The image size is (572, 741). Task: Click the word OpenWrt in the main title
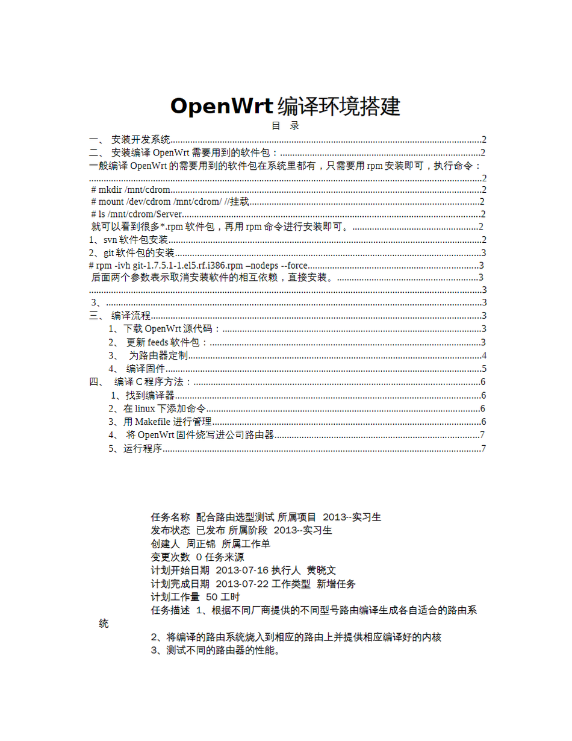(222, 106)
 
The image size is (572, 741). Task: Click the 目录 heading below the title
(285, 126)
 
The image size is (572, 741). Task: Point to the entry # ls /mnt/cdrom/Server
(136, 214)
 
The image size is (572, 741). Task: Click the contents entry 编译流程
(131, 316)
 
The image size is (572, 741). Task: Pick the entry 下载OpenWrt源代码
(172, 329)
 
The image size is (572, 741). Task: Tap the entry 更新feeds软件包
(167, 342)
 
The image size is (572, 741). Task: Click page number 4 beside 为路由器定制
(483, 355)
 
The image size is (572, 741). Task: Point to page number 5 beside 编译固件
(483, 369)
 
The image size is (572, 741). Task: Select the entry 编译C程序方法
(153, 382)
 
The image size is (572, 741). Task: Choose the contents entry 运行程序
(143, 448)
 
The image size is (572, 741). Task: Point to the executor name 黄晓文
(321, 570)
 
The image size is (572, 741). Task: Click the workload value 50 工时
(223, 596)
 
